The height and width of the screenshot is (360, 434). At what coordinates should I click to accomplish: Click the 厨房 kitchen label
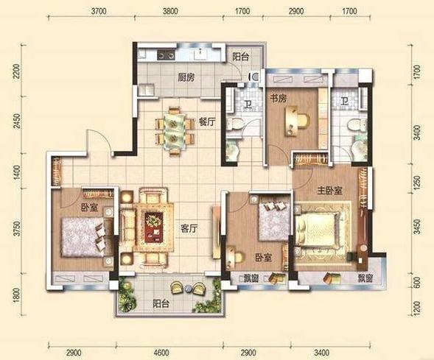click(x=186, y=78)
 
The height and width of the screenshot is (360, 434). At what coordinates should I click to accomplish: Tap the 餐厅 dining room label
click(x=207, y=122)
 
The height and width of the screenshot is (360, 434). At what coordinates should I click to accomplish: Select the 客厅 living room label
click(x=189, y=229)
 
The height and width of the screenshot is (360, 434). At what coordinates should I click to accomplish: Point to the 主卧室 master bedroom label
click(x=330, y=191)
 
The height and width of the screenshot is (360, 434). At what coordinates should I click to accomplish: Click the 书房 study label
click(x=279, y=99)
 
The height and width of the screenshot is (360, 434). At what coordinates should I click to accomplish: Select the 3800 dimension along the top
click(x=170, y=11)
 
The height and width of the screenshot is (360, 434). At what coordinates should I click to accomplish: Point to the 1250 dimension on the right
click(x=417, y=181)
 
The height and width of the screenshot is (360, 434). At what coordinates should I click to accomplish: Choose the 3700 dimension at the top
click(x=99, y=11)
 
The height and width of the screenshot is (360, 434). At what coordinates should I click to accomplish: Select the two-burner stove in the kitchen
click(x=166, y=54)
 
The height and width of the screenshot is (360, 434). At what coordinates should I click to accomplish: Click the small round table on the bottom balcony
click(x=188, y=289)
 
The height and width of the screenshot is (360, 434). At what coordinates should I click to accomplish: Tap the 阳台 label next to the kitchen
click(x=240, y=57)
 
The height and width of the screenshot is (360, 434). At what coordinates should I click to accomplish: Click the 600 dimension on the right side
click(x=417, y=282)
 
